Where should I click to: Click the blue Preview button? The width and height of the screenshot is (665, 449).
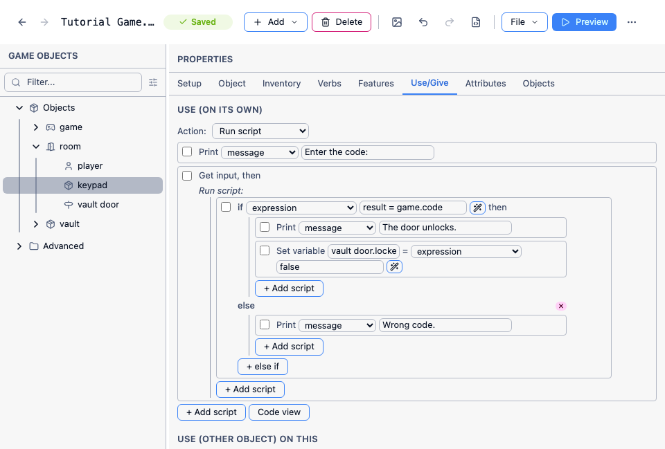pyautogui.click(x=584, y=22)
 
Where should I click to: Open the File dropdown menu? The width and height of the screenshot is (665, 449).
pyautogui.click(x=524, y=22)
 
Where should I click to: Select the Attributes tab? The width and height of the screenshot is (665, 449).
pyautogui.click(x=485, y=84)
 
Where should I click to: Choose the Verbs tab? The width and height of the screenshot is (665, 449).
pyautogui.click(x=329, y=84)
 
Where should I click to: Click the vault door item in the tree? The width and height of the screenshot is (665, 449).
pyautogui.click(x=98, y=205)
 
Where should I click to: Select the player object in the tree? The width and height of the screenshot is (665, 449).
pyautogui.click(x=90, y=166)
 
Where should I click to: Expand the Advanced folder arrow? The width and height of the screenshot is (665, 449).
pyautogui.click(x=19, y=246)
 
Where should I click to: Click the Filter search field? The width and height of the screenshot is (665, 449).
pyautogui.click(x=73, y=82)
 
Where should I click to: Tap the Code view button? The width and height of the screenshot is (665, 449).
pyautogui.click(x=279, y=412)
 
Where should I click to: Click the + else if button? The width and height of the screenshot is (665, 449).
pyautogui.click(x=263, y=367)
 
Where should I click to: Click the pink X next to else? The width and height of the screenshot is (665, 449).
pyautogui.click(x=560, y=306)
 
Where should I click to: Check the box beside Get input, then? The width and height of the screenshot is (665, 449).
pyautogui.click(x=187, y=175)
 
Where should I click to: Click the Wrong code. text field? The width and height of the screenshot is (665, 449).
pyautogui.click(x=445, y=325)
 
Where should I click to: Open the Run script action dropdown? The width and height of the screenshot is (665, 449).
pyautogui.click(x=260, y=131)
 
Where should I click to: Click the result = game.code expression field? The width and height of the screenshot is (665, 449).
pyautogui.click(x=413, y=208)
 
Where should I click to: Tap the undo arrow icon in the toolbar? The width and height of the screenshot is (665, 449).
pyautogui.click(x=423, y=22)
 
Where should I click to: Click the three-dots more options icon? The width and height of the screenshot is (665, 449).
pyautogui.click(x=632, y=22)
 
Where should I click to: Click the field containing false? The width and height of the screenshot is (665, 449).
pyautogui.click(x=330, y=267)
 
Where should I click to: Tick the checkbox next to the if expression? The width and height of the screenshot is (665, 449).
pyautogui.click(x=226, y=207)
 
